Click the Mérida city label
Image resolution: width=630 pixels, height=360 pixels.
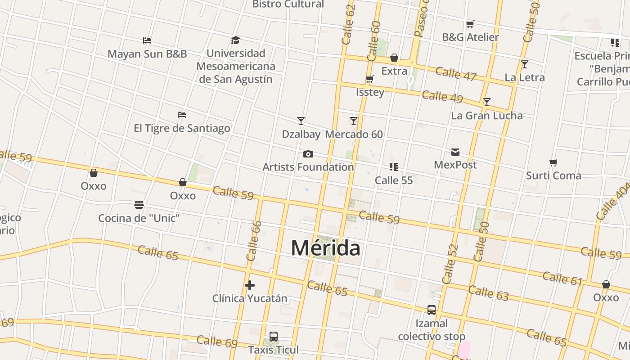[325, 248]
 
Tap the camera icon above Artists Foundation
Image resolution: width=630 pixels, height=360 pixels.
[308, 154]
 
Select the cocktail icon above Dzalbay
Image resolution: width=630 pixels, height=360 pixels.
[301, 121]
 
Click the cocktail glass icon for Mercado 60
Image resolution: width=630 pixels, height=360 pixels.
[354, 121]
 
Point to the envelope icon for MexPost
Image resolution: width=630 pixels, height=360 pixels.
[455, 152]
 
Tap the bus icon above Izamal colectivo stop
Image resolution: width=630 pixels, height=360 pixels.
[432, 310]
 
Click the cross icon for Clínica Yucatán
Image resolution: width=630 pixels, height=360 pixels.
[250, 285]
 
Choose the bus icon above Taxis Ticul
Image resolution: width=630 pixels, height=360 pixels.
[273, 337]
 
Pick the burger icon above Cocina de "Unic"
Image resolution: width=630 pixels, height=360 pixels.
[139, 205]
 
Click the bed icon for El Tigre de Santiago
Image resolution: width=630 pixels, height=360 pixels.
[182, 115]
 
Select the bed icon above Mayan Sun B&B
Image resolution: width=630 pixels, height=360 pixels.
[147, 40]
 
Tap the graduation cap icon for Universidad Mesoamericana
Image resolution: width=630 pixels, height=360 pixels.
[235, 40]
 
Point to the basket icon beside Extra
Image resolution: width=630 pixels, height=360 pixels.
[394, 58]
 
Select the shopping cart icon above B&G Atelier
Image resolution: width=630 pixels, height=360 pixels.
[470, 24]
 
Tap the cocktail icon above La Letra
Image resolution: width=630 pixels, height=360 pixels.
[525, 64]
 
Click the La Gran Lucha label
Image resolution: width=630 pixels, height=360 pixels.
[487, 116]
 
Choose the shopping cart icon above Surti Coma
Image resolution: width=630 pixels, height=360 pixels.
[553, 162]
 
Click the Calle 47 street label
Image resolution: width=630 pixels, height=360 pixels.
[456, 74]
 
